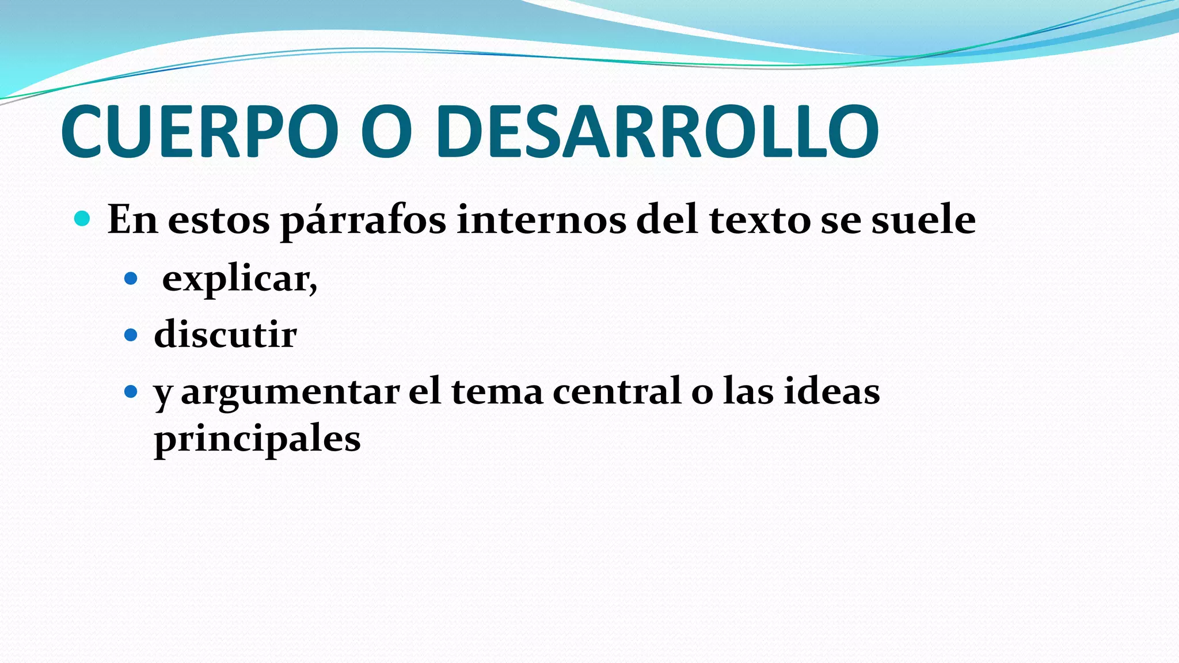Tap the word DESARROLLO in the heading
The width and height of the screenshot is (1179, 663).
pyautogui.click(x=657, y=132)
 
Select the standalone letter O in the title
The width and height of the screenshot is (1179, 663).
pyautogui.click(x=386, y=132)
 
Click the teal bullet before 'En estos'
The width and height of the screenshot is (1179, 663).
pyautogui.click(x=82, y=219)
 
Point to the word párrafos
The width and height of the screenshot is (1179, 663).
pyautogui.click(x=363, y=221)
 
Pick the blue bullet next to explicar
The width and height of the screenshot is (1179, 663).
pyautogui.click(x=131, y=279)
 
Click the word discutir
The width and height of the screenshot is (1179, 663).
pyautogui.click(x=225, y=334)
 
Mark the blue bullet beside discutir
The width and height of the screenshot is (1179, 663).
pyautogui.click(x=131, y=335)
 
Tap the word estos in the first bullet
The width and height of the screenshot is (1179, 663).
pyautogui.click(x=219, y=220)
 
